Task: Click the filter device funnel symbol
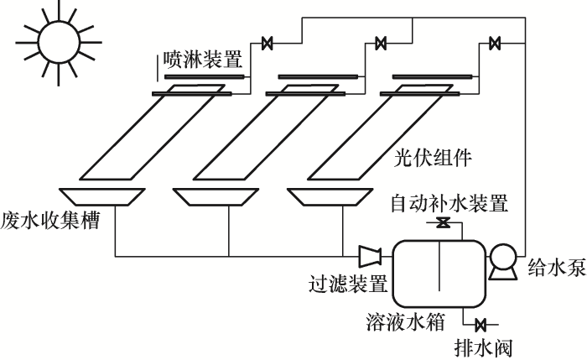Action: pos(369,257)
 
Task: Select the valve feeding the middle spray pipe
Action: pos(381,43)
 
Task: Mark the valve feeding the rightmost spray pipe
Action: pos(495,43)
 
